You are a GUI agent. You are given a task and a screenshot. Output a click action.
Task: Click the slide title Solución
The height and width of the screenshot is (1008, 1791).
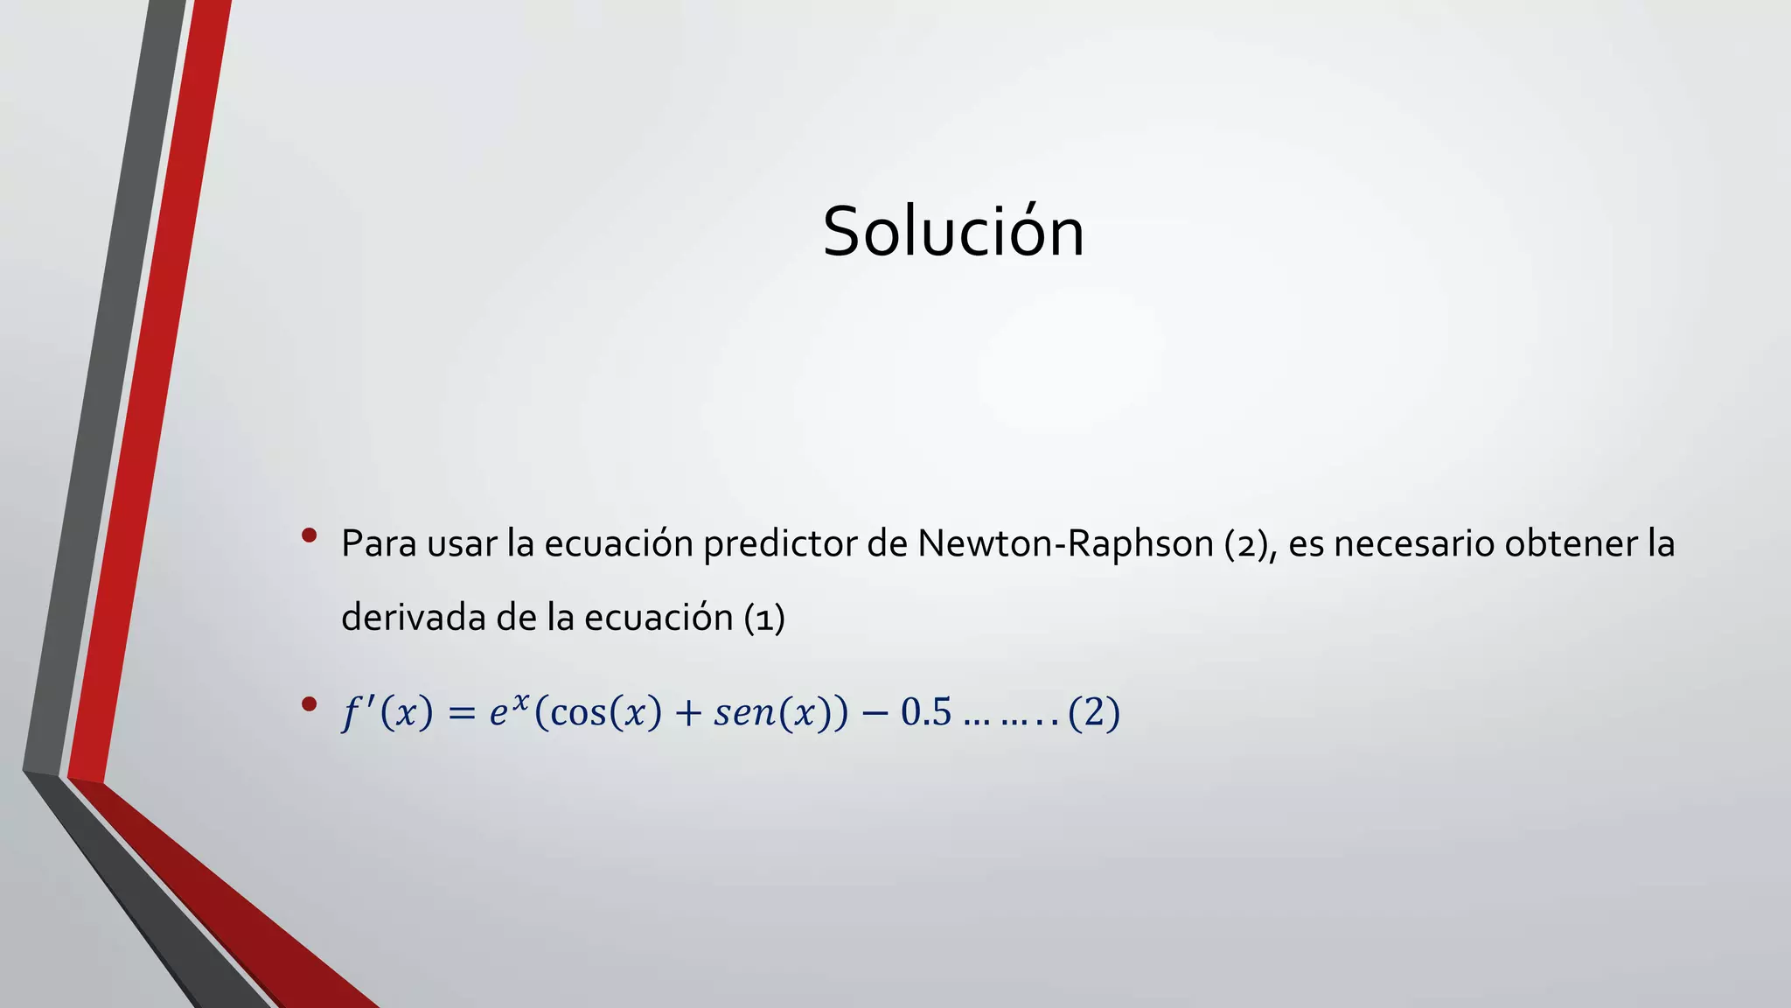click(953, 232)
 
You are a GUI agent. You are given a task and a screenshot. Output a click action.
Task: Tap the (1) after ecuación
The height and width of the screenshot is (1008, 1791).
click(764, 619)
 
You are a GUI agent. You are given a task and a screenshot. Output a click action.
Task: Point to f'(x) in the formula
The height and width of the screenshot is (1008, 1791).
click(387, 713)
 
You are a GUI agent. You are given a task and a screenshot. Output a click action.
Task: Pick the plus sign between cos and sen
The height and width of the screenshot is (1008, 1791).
click(688, 714)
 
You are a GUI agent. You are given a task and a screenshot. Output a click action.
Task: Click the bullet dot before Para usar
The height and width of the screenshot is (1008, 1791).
click(308, 535)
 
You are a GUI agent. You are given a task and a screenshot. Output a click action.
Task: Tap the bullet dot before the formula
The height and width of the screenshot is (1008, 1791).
click(308, 703)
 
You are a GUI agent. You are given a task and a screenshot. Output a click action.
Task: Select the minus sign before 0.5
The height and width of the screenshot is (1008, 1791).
click(873, 714)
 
